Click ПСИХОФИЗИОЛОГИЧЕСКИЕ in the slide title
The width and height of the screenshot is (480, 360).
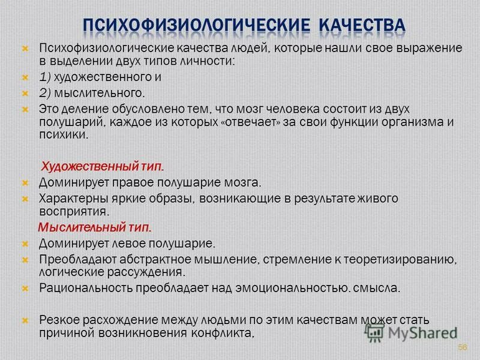tap(195, 25)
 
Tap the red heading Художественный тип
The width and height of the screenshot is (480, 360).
tap(102, 166)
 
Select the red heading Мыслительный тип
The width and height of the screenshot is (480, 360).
tap(95, 228)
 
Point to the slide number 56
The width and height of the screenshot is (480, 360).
tap(462, 347)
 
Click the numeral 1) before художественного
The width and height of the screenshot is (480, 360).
tap(46, 77)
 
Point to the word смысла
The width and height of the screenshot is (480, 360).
tap(378, 288)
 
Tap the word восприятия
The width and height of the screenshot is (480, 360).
tap(73, 212)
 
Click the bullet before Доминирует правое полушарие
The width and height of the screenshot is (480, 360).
tap(25, 182)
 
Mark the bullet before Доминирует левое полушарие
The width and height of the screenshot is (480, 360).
tap(25, 244)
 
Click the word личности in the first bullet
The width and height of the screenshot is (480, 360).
tap(212, 62)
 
